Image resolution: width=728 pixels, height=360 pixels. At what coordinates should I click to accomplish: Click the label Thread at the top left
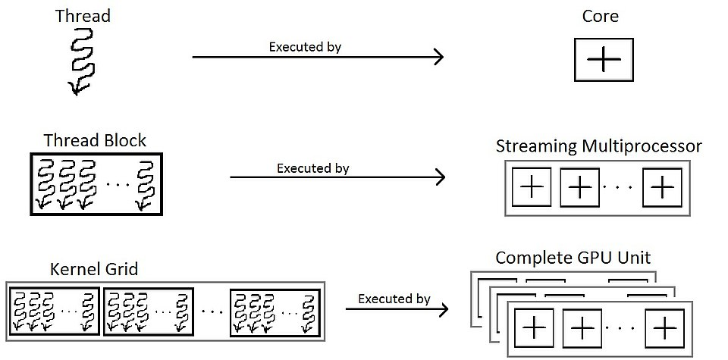(82, 15)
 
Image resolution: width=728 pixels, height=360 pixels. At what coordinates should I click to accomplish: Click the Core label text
(601, 15)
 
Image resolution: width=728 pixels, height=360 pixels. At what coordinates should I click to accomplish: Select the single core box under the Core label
(603, 60)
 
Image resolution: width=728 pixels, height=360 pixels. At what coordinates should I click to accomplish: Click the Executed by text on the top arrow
(305, 46)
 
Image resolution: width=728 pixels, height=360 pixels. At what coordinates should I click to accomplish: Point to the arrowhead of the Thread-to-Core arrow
(438, 57)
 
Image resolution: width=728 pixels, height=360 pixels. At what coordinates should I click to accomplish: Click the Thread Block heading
(95, 140)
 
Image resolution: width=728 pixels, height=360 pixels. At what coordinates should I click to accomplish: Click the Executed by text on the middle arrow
(312, 167)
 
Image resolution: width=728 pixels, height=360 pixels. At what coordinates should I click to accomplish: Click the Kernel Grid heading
(94, 269)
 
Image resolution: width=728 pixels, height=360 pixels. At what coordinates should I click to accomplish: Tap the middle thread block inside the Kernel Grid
(148, 311)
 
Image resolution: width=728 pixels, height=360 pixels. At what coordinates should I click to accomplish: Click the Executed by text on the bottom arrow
(394, 299)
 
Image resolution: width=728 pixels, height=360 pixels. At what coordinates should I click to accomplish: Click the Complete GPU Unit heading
(573, 258)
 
